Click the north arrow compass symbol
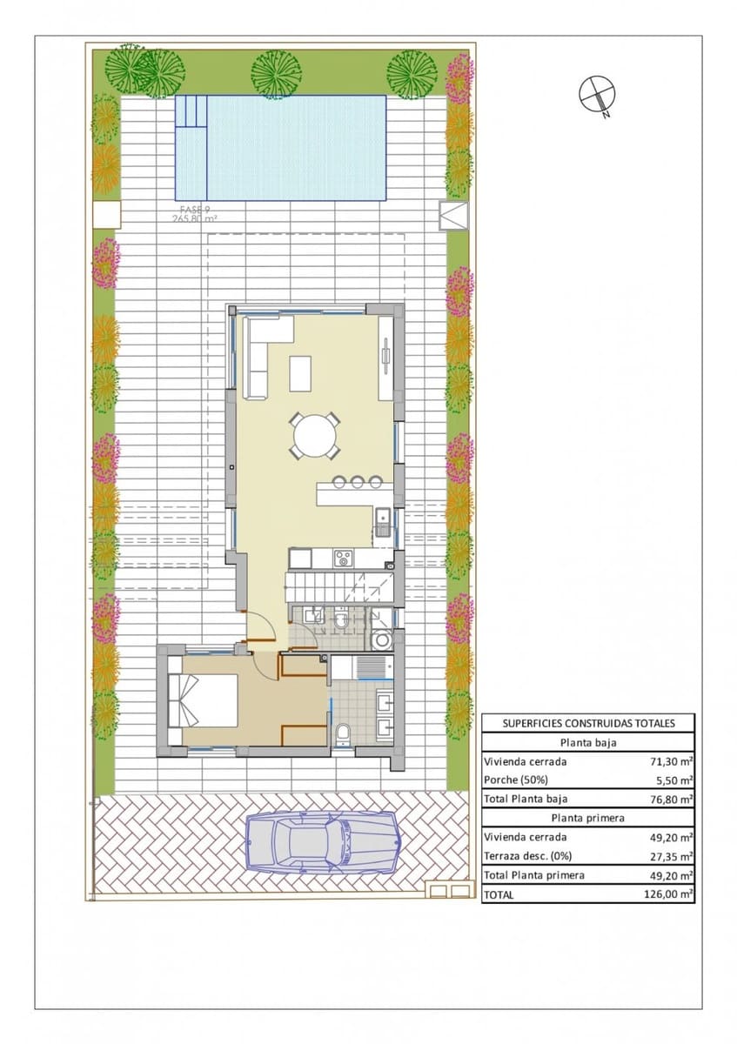596,93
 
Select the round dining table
314,434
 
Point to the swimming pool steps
191,111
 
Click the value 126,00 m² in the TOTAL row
672,893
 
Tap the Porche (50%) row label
516,780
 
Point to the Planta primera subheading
588,819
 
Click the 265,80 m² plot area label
194,219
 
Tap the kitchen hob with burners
343,558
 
